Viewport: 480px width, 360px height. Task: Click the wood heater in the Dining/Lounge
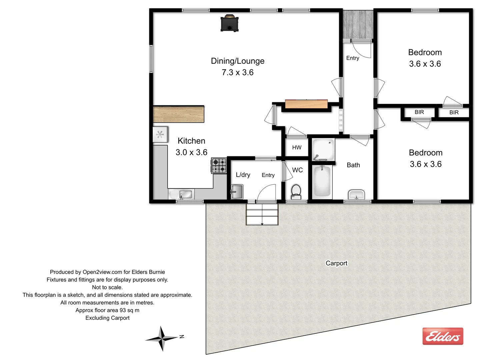pyautogui.click(x=229, y=23)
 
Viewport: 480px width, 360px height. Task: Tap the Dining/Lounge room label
pyautogui.click(x=237, y=61)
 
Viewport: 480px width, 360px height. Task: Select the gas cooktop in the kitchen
pyautogui.click(x=219, y=166)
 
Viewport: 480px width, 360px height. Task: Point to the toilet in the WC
pyautogui.click(x=296, y=191)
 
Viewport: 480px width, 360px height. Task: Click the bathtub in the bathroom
pyautogui.click(x=322, y=182)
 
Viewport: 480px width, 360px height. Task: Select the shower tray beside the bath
pyautogui.click(x=323, y=149)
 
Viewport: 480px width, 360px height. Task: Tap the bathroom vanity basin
pyautogui.click(x=356, y=194)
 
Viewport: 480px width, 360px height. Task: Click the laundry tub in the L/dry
pyautogui.click(x=237, y=192)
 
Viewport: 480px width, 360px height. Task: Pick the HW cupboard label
pyautogui.click(x=297, y=147)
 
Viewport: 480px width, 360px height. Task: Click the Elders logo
pyautogui.click(x=443, y=336)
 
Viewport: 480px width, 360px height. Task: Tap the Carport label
pyautogui.click(x=336, y=263)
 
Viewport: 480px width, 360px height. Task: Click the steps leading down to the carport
pyautogui.click(x=262, y=214)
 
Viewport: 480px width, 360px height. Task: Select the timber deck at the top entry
pyautogui.click(x=358, y=24)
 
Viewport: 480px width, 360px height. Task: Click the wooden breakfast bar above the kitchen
pyautogui.click(x=179, y=114)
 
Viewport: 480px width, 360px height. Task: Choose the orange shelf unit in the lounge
pyautogui.click(x=306, y=104)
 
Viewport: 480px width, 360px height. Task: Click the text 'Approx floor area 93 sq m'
pyautogui.click(x=107, y=310)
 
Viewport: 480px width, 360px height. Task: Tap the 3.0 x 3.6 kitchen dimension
pyautogui.click(x=191, y=152)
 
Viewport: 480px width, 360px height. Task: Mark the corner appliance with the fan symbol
pyautogui.click(x=160, y=134)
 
